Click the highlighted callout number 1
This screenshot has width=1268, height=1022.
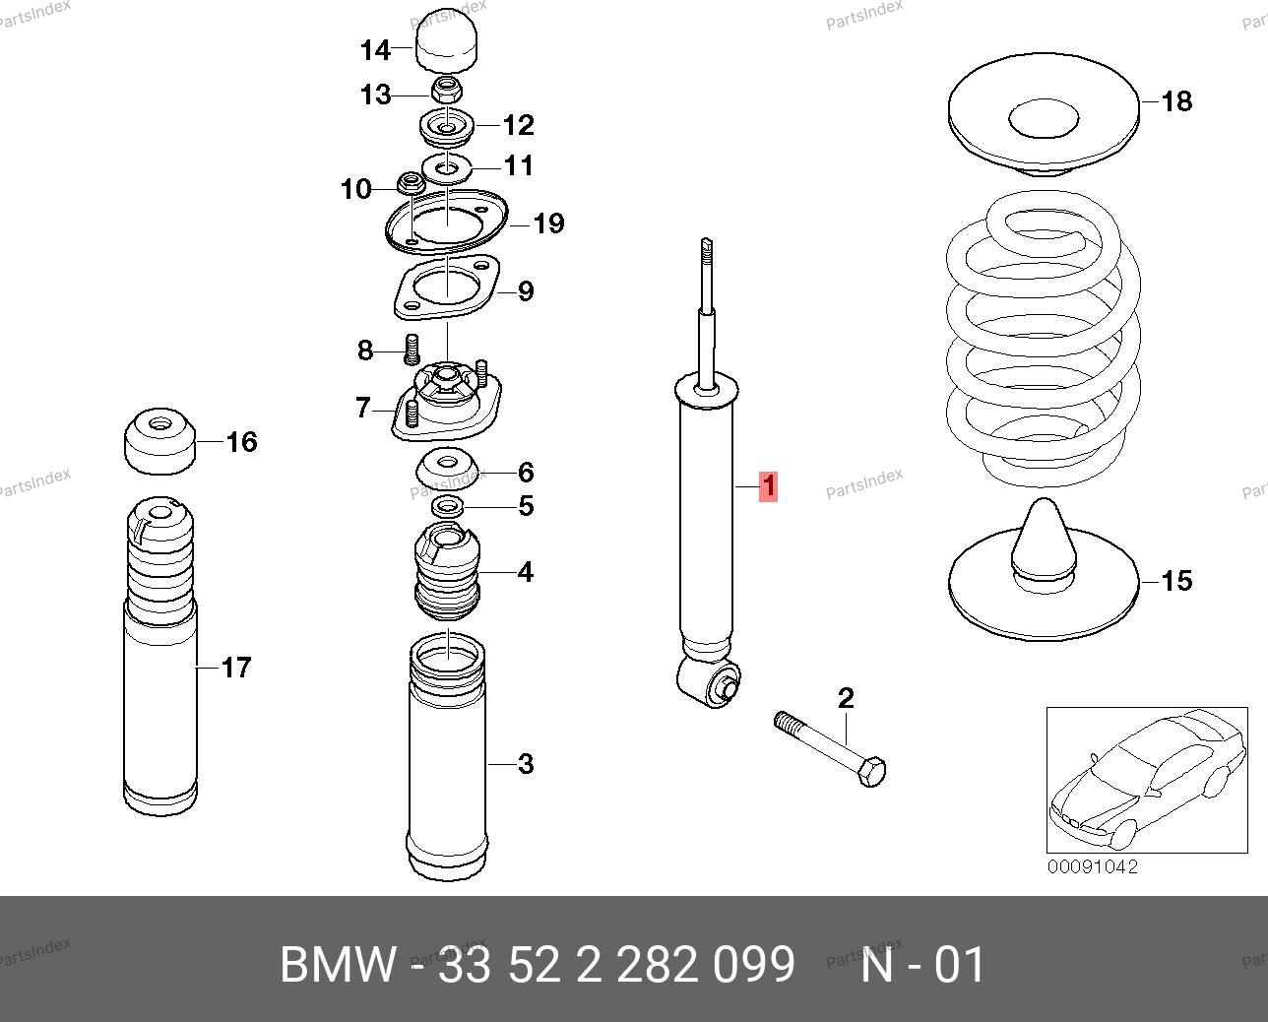tap(768, 486)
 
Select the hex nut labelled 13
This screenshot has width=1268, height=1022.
tap(447, 93)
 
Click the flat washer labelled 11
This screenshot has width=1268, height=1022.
tap(448, 164)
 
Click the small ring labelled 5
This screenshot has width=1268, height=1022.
tap(448, 506)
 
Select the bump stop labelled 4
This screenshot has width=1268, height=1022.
tap(448, 571)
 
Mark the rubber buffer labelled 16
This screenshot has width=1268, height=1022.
tap(158, 441)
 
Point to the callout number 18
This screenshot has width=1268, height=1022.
tap(1176, 101)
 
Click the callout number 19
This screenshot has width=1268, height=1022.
tap(548, 224)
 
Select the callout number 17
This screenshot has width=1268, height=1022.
tap(236, 668)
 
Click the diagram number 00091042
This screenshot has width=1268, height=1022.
tap(1092, 867)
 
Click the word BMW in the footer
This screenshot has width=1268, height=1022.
tap(338, 965)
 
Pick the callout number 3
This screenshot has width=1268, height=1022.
tap(526, 763)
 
